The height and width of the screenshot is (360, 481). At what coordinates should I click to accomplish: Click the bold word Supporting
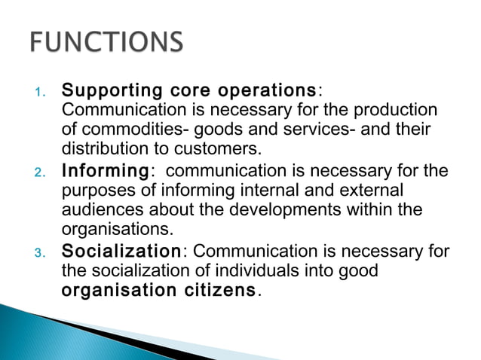pyautogui.click(x=112, y=92)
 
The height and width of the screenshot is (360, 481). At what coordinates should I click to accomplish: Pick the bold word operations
pyautogui.click(x=268, y=92)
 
